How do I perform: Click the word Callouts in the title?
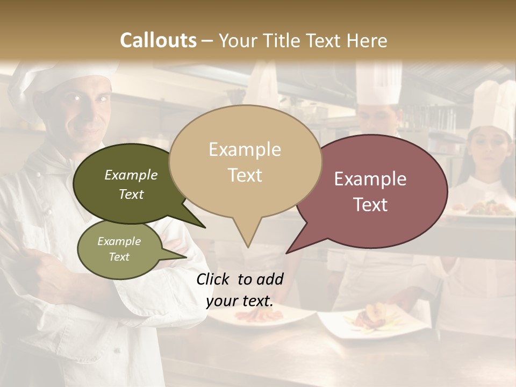[x=159, y=41]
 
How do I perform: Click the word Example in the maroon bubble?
[x=370, y=179]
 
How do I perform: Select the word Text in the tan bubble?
[x=245, y=175]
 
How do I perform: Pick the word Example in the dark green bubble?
[x=131, y=175]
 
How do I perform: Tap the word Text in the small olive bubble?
[x=119, y=257]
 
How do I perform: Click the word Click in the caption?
[x=213, y=279]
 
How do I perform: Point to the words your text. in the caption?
[x=240, y=301]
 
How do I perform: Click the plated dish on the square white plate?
[x=371, y=320]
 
